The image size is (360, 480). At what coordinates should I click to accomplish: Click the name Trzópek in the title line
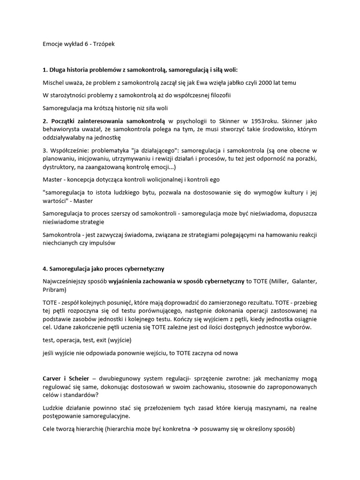pyautogui.click(x=103, y=44)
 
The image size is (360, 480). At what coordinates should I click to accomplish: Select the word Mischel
pyautogui.click(x=53, y=83)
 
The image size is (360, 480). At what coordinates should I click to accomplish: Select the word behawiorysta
pyautogui.click(x=61, y=129)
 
